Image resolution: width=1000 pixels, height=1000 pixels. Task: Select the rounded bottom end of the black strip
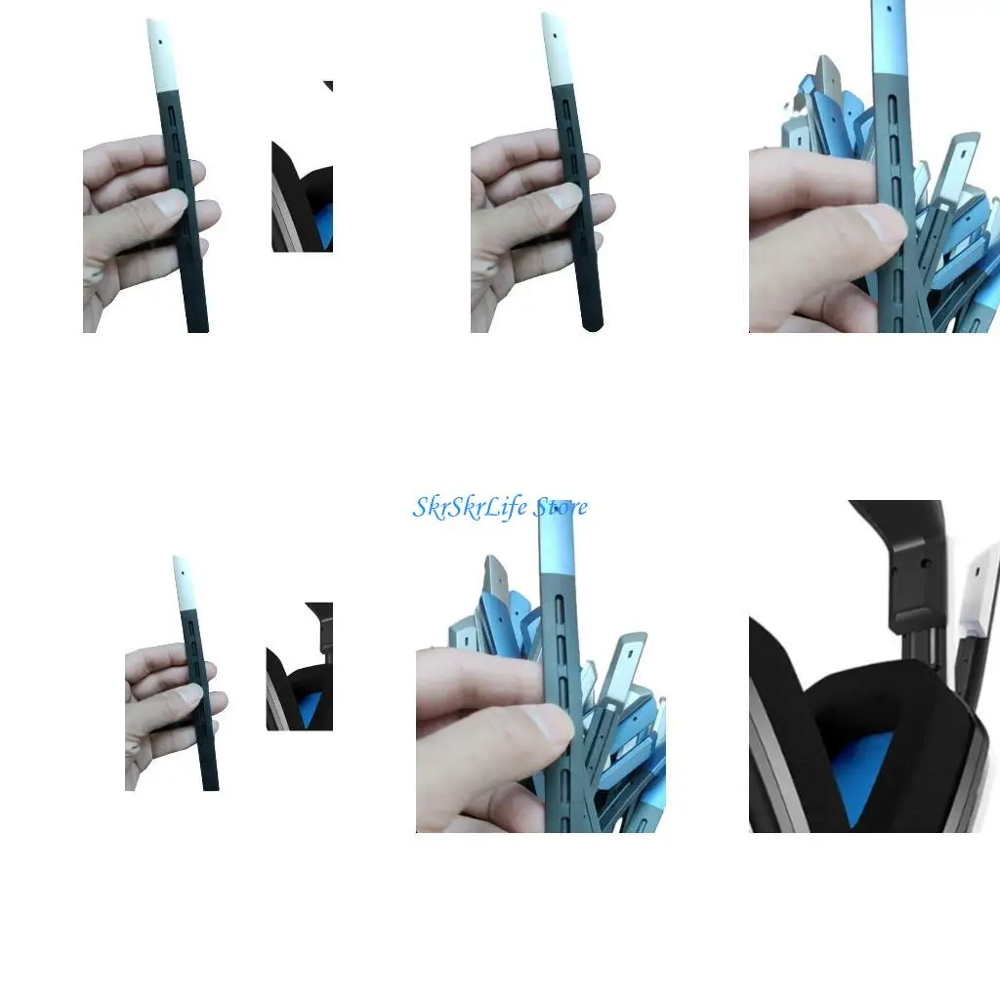point(591,324)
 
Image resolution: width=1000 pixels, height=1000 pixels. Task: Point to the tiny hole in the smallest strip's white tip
point(179,564)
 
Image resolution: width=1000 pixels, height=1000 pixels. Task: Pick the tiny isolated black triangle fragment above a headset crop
point(329,86)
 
